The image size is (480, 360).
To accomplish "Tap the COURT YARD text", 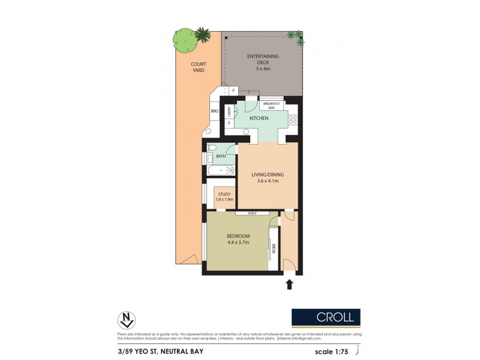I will coord(198,67).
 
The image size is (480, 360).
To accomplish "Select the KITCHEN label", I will coord(259,118).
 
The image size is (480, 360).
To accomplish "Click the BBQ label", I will coord(214,111).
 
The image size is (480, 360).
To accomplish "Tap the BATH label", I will coord(221,156).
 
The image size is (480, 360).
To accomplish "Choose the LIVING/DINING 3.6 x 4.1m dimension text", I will coord(267,178).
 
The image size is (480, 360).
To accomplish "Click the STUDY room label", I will coord(224,196).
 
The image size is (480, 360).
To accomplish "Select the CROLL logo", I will coord(326,317).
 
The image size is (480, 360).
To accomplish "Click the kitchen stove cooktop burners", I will coord(293,119).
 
